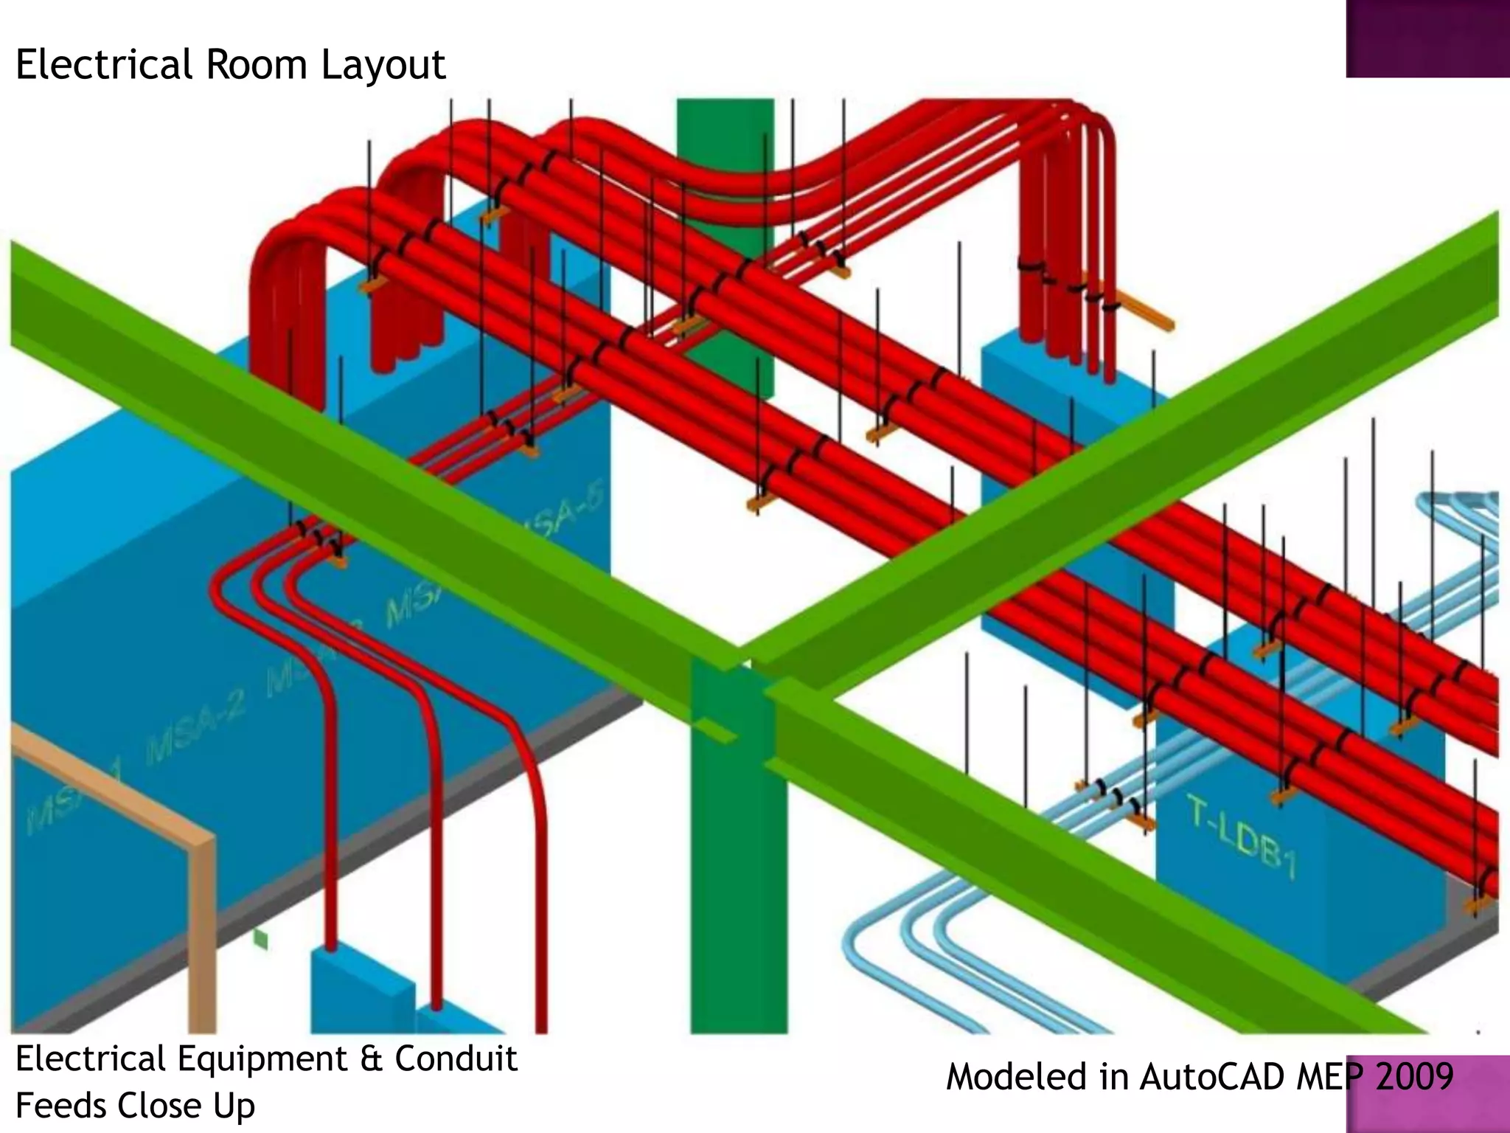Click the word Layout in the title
point(383,65)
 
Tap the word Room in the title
point(256,65)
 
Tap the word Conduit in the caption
point(456,1059)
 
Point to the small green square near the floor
point(260,939)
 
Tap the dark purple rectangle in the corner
point(1427,38)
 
